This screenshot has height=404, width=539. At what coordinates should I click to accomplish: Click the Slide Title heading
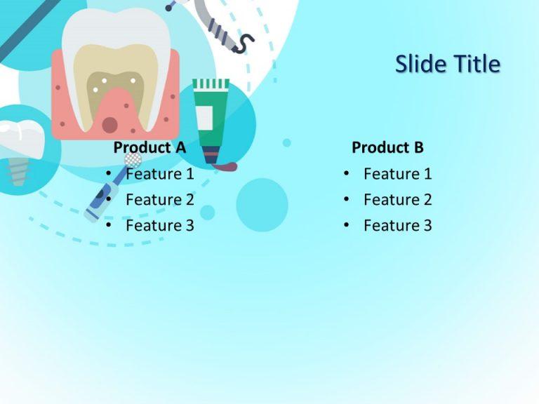tap(447, 65)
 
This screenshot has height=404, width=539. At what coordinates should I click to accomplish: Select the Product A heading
tap(149, 147)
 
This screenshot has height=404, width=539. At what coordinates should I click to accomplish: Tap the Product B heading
tap(387, 147)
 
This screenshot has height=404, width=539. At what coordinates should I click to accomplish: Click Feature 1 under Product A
tap(159, 173)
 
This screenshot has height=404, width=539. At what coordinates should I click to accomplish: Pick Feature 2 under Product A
tap(159, 199)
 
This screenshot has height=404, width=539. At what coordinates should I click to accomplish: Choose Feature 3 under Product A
tap(159, 225)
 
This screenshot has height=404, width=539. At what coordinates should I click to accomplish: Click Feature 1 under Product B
tap(397, 173)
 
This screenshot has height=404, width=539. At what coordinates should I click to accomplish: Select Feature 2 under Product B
tap(397, 199)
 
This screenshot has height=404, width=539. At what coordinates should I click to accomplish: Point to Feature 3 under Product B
tap(397, 225)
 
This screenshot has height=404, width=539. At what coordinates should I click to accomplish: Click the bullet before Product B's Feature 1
tap(347, 174)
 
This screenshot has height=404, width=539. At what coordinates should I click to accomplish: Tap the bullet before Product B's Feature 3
tap(347, 226)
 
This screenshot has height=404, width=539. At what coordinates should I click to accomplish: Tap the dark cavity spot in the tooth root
tap(109, 125)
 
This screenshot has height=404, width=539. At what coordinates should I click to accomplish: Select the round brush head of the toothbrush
tap(133, 159)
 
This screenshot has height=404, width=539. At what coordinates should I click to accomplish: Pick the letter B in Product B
tap(418, 147)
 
